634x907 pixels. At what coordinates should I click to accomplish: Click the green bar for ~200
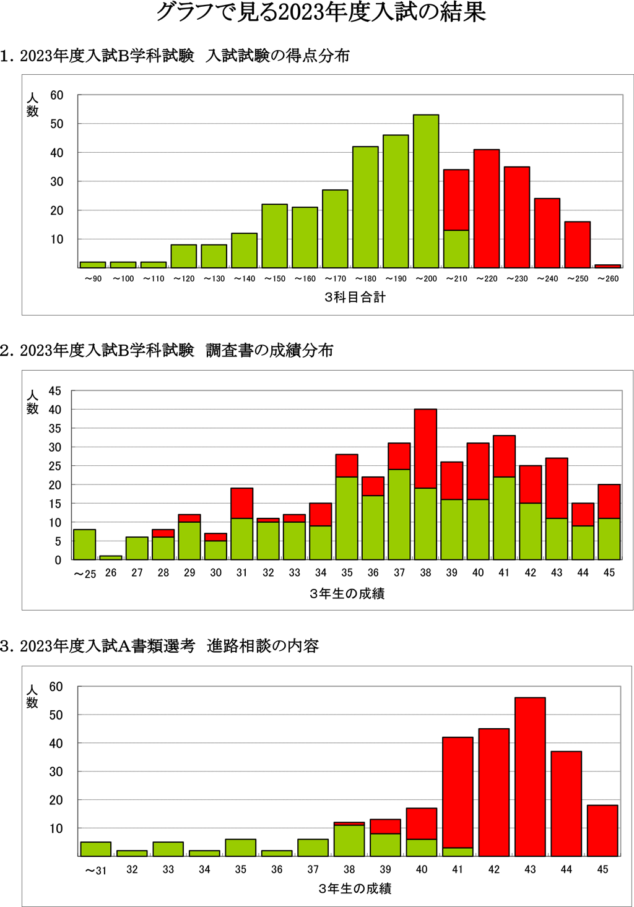pos(426,191)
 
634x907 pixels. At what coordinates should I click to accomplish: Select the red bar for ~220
pos(487,208)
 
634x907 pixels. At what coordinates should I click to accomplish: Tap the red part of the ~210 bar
pos(456,200)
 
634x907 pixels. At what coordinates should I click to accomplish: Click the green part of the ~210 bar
pos(456,249)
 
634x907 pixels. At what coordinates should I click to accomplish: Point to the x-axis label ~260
pos(608,279)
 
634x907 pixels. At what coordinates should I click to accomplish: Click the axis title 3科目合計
pos(355,298)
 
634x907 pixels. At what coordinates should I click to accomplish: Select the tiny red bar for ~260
pos(608,266)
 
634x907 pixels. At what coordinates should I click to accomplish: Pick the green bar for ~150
pos(274,236)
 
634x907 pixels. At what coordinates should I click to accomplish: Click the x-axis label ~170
pos(335,279)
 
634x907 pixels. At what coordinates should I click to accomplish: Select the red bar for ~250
pos(578,244)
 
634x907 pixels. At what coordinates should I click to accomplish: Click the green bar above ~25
pos(85,544)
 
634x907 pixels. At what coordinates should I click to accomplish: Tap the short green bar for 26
pos(111,557)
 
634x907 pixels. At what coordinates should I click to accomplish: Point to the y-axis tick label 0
pos(58,561)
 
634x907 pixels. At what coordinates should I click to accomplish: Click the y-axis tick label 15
pos(55,504)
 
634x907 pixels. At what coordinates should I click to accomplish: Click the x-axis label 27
pos(137,573)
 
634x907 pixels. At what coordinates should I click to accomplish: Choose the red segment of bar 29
pos(189,518)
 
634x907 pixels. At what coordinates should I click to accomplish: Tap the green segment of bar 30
pos(215,550)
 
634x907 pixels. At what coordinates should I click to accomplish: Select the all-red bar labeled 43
pos(530,776)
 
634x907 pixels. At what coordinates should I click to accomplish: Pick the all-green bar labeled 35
pos(241,848)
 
